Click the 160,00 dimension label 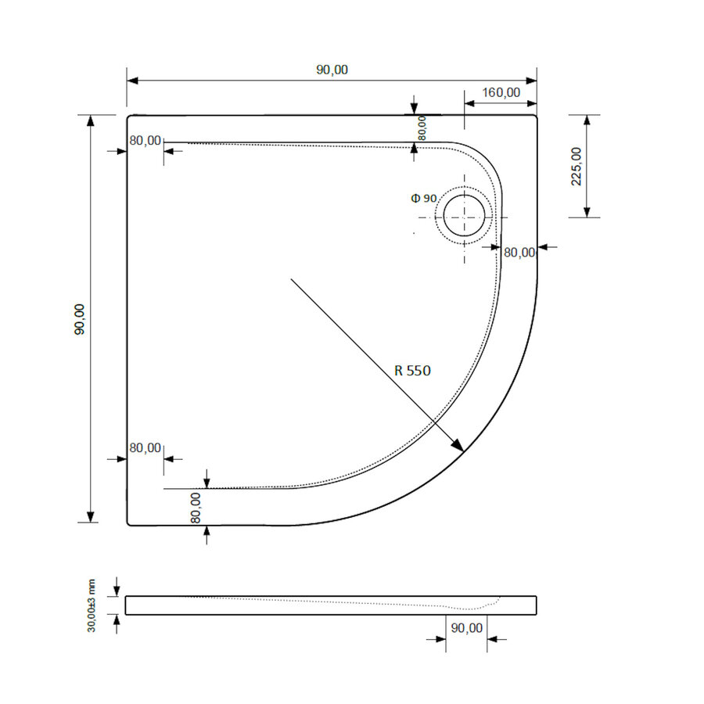click(501, 92)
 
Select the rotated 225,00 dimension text click(576, 166)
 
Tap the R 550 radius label click(412, 372)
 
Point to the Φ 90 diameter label click(424, 199)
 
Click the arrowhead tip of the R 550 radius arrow click(462, 451)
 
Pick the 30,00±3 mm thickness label click(92, 605)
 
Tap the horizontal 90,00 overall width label click(332, 70)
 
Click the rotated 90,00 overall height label click(79, 319)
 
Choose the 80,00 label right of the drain click(519, 252)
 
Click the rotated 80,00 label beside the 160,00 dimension click(422, 128)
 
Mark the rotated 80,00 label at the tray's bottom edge click(196, 507)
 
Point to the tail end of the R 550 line click(292, 278)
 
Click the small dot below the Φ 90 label click(415, 233)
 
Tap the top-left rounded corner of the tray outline click(129, 117)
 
